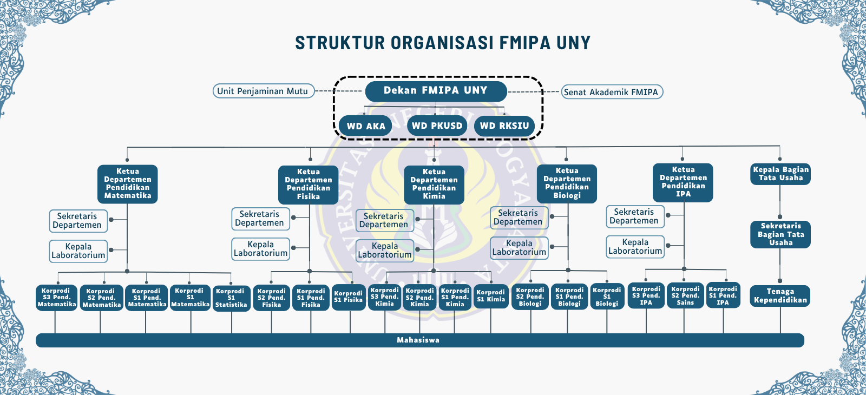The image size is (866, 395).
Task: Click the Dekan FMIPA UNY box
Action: [x=436, y=91]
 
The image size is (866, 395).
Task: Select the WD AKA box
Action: [x=365, y=126]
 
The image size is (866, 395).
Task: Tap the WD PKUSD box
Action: [x=437, y=125]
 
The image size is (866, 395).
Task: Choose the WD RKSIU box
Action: [x=504, y=126]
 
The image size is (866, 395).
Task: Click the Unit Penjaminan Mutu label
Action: [x=263, y=91]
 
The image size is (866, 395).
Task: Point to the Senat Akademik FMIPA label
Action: [x=612, y=92]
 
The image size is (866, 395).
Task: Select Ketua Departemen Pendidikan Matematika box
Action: [x=128, y=184]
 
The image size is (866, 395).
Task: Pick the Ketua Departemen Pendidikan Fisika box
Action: [x=308, y=185]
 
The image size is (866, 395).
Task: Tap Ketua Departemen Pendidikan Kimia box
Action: [x=434, y=185]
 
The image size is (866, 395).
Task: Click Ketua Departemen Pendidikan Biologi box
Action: [x=567, y=183]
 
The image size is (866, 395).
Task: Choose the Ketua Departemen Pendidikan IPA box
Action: [x=683, y=182]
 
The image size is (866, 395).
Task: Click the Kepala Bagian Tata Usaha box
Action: [x=780, y=174]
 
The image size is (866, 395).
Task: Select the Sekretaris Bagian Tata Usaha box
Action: [x=780, y=234]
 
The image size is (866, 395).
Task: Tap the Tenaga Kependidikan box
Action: [x=780, y=296]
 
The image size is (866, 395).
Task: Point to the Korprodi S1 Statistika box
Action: [x=231, y=298]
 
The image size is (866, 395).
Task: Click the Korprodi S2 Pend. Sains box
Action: [x=685, y=295]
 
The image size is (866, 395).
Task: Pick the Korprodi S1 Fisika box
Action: [x=349, y=297]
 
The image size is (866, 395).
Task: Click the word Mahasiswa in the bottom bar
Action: [x=418, y=340]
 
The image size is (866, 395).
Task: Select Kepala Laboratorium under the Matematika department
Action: [x=78, y=251]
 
